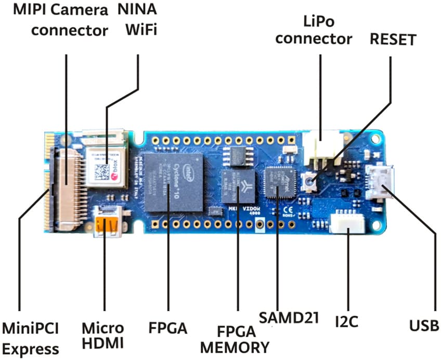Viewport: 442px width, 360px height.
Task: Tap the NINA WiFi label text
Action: tap(138, 20)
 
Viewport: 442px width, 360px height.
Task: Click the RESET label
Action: tap(392, 39)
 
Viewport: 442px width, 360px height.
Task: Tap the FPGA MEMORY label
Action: tap(235, 338)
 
